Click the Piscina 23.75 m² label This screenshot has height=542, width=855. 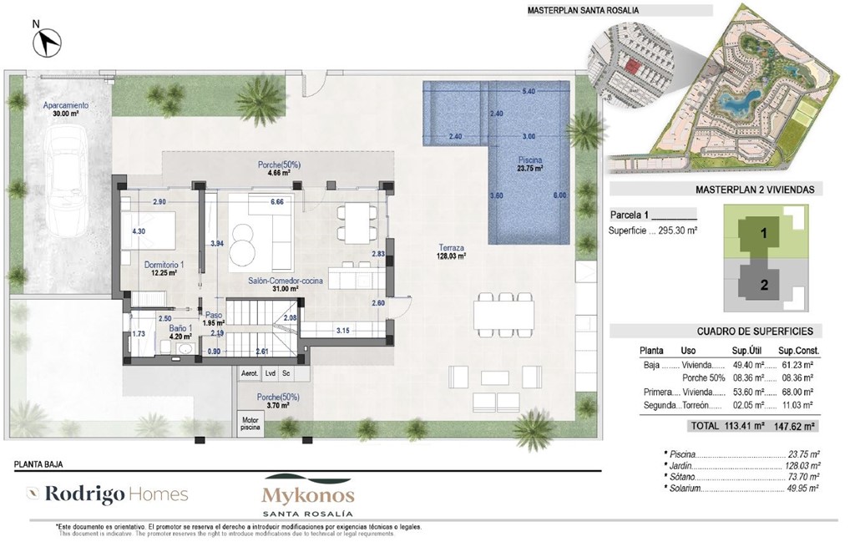point(529,163)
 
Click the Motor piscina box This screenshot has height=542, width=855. point(250,423)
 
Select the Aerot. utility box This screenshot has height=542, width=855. point(249,373)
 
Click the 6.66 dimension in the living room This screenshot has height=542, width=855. point(278,202)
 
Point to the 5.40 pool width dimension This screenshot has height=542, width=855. point(529,90)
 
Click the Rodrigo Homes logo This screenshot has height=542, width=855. point(107,494)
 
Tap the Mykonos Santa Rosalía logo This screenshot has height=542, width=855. point(308,499)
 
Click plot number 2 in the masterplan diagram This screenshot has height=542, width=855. point(763,284)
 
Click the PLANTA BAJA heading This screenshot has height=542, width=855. point(39,463)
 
